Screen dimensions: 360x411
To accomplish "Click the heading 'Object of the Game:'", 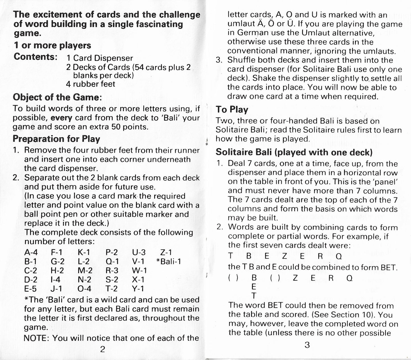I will pyautogui.click(x=57, y=98).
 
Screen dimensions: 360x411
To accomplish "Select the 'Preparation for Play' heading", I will pyautogui.click(x=56, y=139).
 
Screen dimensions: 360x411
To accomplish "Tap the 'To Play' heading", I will pyautogui.click(x=232, y=110).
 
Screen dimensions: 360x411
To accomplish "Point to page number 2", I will pyautogui.click(x=103, y=349).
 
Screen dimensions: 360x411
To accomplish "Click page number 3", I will pyautogui.click(x=307, y=345).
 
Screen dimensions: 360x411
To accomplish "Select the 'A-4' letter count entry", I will pyautogui.click(x=31, y=252).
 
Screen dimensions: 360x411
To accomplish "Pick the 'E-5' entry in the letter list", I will pyautogui.click(x=30, y=289).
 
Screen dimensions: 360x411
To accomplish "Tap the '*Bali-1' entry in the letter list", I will pyautogui.click(x=169, y=261).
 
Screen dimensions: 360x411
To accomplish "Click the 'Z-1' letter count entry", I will pyautogui.click(x=166, y=252).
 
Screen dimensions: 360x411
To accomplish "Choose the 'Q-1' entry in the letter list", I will pyautogui.click(x=112, y=261).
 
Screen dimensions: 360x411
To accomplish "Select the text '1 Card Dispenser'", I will pyautogui.click(x=100, y=58).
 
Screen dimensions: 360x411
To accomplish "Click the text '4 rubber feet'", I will pyautogui.click(x=90, y=84).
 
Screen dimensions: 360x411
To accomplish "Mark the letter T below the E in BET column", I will pyautogui.click(x=254, y=296).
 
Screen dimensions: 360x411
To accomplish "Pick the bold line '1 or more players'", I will pyautogui.click(x=52, y=46).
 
